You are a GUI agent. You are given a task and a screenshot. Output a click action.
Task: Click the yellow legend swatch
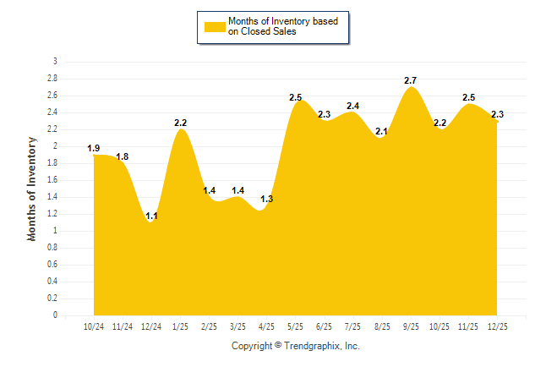click(x=215, y=27)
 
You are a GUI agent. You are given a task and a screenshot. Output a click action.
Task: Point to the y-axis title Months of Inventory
click(x=32, y=189)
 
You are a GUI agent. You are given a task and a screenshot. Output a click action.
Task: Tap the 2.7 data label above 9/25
click(x=411, y=80)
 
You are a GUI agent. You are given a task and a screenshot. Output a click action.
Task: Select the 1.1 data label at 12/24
click(x=152, y=216)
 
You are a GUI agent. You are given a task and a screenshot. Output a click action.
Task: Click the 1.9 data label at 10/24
click(x=94, y=149)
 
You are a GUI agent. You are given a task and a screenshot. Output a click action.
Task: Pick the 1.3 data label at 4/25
click(x=267, y=199)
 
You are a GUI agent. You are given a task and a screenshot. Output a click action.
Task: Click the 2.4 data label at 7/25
click(x=353, y=106)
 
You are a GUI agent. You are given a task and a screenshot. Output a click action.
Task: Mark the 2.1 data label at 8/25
click(x=381, y=131)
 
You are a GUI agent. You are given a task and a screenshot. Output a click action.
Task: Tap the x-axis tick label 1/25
click(x=181, y=327)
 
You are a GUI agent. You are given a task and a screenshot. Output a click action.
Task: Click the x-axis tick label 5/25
click(x=296, y=327)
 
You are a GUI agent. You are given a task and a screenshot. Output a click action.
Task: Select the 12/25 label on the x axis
click(x=497, y=327)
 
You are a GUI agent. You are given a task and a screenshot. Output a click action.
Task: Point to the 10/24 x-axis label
click(x=94, y=327)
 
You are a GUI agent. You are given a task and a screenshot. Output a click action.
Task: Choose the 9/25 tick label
click(x=411, y=327)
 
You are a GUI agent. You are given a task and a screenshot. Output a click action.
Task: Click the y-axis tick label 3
click(x=55, y=62)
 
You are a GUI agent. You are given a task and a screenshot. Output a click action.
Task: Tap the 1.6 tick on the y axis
click(x=52, y=180)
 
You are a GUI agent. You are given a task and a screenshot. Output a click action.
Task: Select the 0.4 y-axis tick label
click(x=52, y=282)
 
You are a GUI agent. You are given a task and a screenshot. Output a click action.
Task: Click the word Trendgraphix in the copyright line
click(x=312, y=346)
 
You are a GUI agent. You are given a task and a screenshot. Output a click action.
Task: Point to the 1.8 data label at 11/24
click(x=123, y=156)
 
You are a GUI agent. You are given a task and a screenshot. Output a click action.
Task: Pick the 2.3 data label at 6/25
click(x=324, y=114)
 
